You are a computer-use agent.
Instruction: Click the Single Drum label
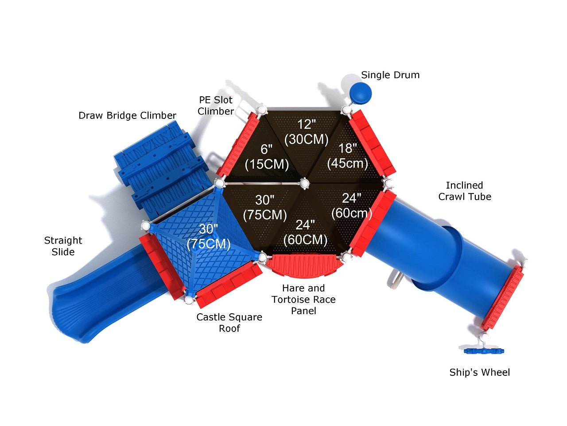pos(390,75)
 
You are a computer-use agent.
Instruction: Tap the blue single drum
pos(360,93)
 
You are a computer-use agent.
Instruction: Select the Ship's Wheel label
pos(479,372)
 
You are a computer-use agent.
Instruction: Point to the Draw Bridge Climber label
pos(127,115)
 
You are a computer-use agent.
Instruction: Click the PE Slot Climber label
pos(216,106)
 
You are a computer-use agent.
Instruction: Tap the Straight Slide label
pos(63,246)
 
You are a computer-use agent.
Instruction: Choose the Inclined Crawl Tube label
pos(464,191)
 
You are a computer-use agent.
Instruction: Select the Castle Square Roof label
pos(229,323)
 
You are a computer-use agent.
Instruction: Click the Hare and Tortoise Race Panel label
pos(303,299)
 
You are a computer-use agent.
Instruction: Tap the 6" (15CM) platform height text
pos(267,157)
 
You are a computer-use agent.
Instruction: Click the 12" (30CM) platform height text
pos(307,132)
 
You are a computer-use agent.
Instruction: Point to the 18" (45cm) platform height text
pos(347,156)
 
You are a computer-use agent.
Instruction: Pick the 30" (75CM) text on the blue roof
pos(209,237)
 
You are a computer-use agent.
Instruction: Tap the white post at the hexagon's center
pos(305,183)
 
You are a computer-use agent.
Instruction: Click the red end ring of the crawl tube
pos(503,297)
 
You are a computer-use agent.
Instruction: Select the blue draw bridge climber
pos(161,166)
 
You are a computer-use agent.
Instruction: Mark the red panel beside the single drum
pos(372,143)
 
